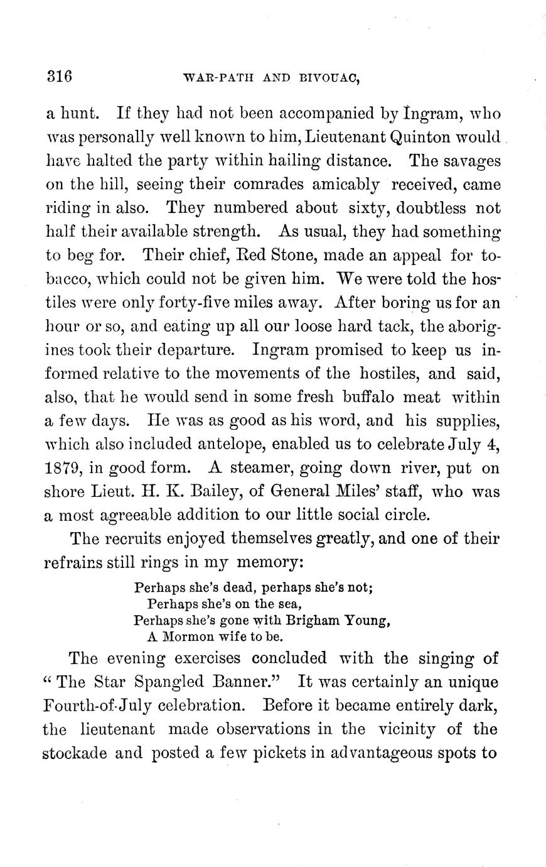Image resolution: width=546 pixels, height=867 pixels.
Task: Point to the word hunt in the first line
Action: tap(79, 113)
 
